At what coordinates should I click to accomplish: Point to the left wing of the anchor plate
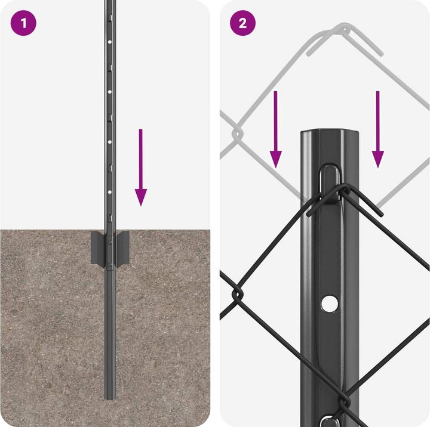click(x=97, y=248)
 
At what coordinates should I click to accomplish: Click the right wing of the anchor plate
click(x=121, y=248)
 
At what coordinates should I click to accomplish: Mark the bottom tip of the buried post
click(x=109, y=398)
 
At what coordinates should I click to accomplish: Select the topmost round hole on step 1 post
click(x=109, y=43)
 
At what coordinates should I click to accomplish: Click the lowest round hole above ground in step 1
click(x=109, y=193)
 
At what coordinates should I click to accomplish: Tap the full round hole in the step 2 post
click(x=328, y=304)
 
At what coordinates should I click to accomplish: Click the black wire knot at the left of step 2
click(x=236, y=293)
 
